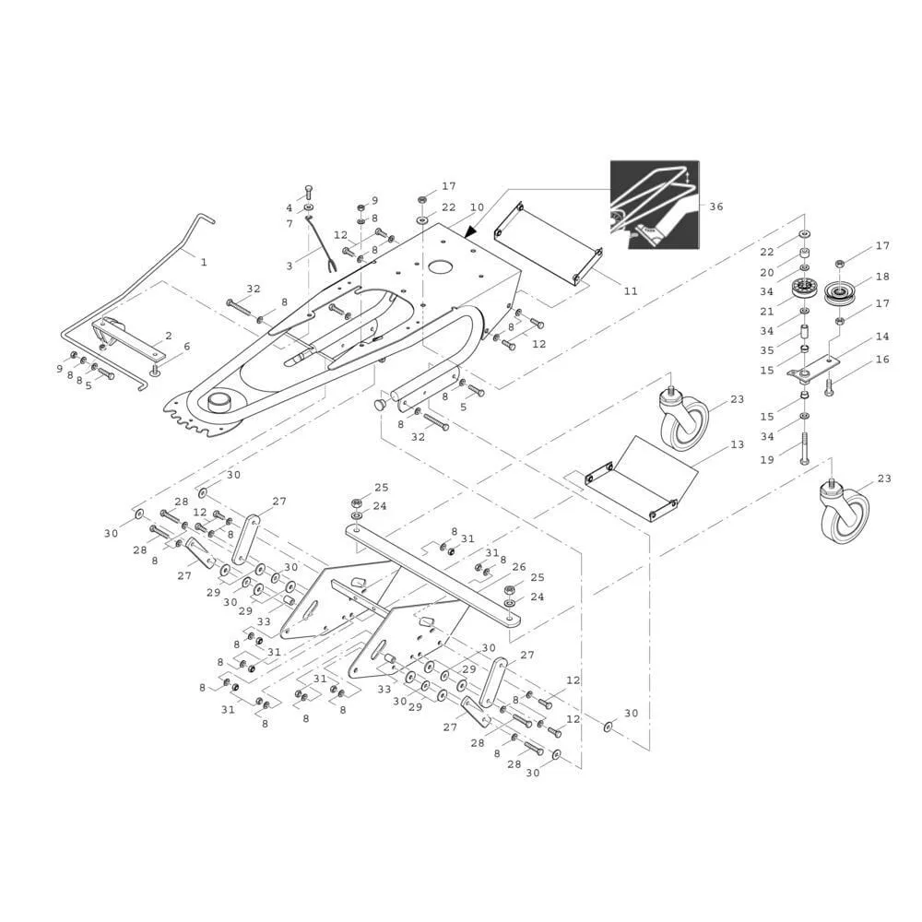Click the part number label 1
pyautogui.click(x=204, y=262)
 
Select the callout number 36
pyautogui.click(x=716, y=207)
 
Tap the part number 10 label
pyautogui.click(x=477, y=207)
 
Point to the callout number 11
pyautogui.click(x=631, y=290)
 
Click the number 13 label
pyautogui.click(x=738, y=444)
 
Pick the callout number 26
pyautogui.click(x=518, y=567)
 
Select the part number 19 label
pyautogui.click(x=767, y=460)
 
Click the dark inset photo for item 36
pyautogui.click(x=655, y=204)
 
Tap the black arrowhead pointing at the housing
pyautogui.click(x=470, y=232)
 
